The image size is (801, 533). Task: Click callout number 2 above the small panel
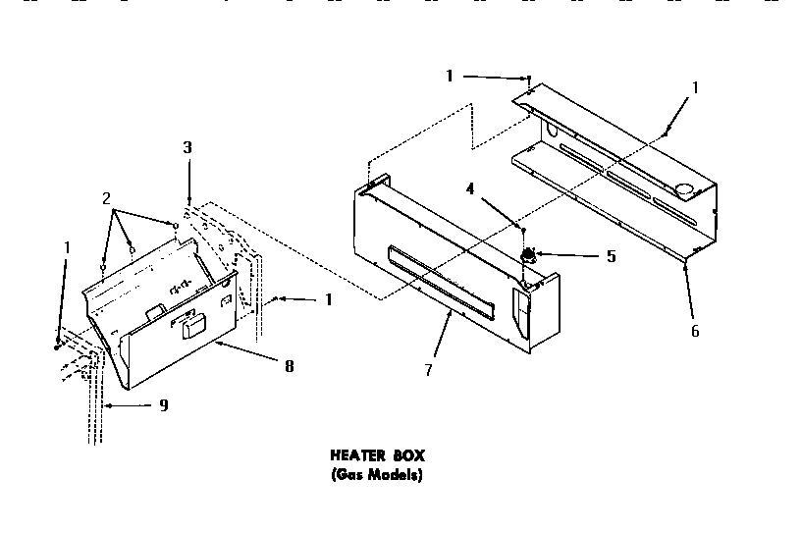coord(107,198)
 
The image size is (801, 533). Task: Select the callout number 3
coord(187,148)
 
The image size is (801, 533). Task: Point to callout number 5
coord(611,256)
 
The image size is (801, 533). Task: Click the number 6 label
coord(695,331)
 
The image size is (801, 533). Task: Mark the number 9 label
coord(164,404)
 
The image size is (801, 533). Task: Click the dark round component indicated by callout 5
coord(527,256)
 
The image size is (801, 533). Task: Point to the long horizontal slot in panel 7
coord(440,283)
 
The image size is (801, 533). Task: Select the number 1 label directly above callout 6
coord(695,86)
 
